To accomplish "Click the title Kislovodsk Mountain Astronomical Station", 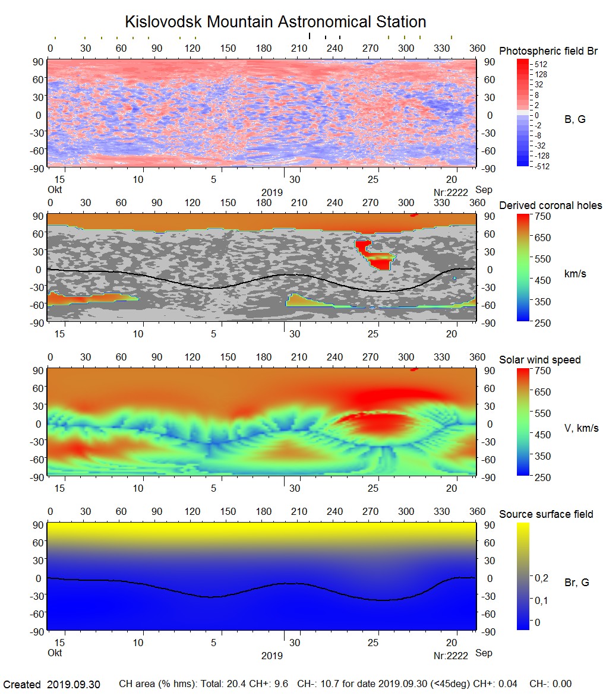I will pyautogui.click(x=275, y=23).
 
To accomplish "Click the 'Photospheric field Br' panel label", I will pyautogui.click(x=548, y=51).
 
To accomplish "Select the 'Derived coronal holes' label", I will pyautogui.click(x=550, y=205).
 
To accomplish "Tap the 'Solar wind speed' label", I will pyautogui.click(x=539, y=360).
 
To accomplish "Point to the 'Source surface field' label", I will pyautogui.click(x=546, y=514).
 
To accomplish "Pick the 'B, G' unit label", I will pyautogui.click(x=575, y=119).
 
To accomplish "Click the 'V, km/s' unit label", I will pyautogui.click(x=581, y=428).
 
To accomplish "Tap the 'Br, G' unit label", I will pyautogui.click(x=576, y=583).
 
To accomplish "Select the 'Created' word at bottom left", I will pyautogui.click(x=22, y=685).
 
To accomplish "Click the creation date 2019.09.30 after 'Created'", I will pyautogui.click(x=74, y=685).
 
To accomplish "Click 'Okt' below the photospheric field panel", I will pyautogui.click(x=54, y=190).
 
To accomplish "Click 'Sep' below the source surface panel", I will pyautogui.click(x=484, y=653).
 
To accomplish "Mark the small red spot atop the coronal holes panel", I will pyautogui.click(x=414, y=215).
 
